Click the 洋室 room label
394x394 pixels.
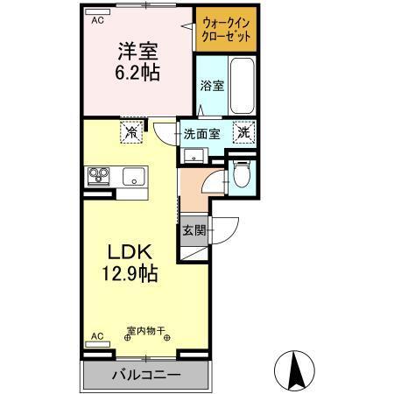point(139,50)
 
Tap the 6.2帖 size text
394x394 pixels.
point(139,73)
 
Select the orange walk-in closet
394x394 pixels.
point(226,32)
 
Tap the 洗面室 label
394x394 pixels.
point(201,134)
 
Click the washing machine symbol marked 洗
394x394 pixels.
point(246,133)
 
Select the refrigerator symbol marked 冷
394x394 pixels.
point(130,133)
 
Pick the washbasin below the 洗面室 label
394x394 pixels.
point(193,158)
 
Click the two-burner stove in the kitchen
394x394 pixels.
point(98,175)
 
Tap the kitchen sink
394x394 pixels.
point(134,175)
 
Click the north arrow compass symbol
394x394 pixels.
point(298,369)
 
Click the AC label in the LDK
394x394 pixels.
point(97,335)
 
